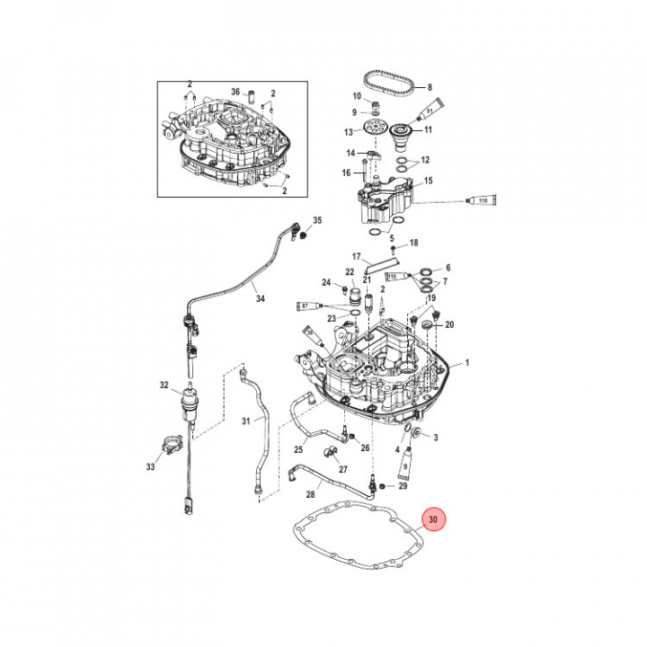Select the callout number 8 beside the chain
coord(430,86)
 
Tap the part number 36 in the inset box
coord(235,92)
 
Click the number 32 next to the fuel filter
coord(164,386)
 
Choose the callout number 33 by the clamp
coord(150,466)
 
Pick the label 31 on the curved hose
coord(247,421)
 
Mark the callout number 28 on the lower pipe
coord(310,494)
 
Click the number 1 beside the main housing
coord(467,365)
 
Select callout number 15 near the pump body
coord(429,181)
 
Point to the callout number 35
coord(317,220)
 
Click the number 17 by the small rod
coord(356,256)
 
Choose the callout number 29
coord(403,486)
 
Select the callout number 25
coord(299,448)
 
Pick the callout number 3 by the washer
coord(435,438)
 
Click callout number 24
coord(327,284)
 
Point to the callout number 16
coord(346,173)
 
